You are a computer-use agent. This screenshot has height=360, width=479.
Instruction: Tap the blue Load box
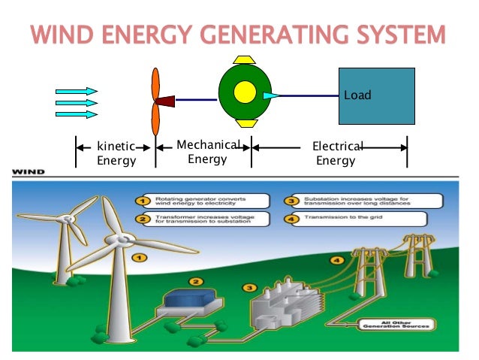point(376,95)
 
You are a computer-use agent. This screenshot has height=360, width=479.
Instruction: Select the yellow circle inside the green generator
point(245,92)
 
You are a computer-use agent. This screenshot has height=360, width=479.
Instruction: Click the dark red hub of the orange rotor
point(164,100)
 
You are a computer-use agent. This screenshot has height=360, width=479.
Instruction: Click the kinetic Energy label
point(116,153)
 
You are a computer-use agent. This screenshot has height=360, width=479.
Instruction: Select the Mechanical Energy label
point(207,152)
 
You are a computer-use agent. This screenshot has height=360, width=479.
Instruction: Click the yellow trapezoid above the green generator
point(246,59)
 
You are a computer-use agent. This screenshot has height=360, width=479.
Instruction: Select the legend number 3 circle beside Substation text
point(290,201)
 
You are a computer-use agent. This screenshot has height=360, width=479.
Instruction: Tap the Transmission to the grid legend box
point(360,219)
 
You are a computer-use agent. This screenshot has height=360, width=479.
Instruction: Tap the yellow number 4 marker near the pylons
point(338,260)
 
